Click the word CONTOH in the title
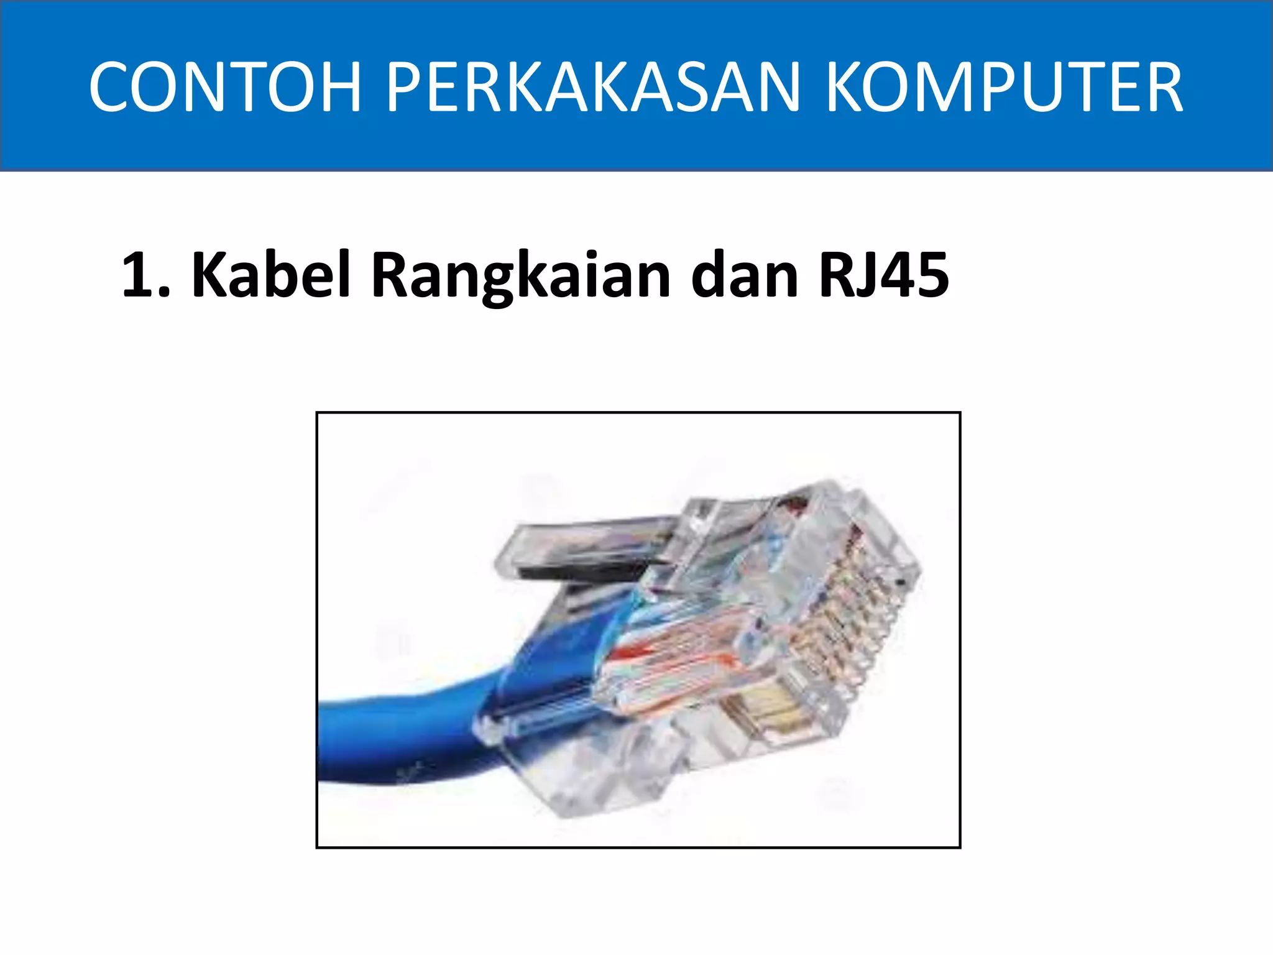pos(225,87)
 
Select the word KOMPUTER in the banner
pos(1004,87)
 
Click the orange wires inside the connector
pos(671,659)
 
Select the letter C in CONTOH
pos(113,87)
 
